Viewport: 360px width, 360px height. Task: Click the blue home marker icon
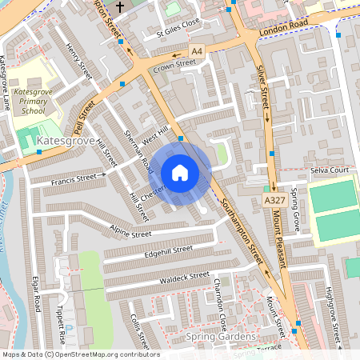[x=180, y=172]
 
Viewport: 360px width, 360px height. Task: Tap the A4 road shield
[x=198, y=51]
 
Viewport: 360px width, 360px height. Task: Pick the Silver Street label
[x=262, y=91]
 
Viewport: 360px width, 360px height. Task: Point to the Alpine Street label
[x=130, y=234]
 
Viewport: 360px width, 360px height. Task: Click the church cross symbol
[x=120, y=7]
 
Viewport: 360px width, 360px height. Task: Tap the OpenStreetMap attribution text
[x=80, y=354]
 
